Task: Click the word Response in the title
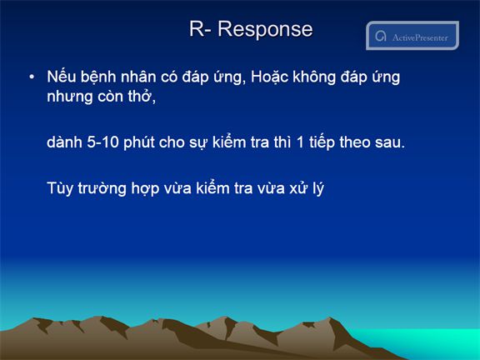(265, 30)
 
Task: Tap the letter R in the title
(196, 28)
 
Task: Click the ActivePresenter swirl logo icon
(381, 36)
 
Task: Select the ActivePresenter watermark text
(420, 37)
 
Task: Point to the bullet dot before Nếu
(32, 77)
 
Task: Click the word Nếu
(61, 76)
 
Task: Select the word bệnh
(98, 77)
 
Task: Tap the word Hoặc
(269, 77)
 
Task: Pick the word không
(314, 77)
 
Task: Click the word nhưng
(69, 97)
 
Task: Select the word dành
(65, 142)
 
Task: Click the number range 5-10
(102, 142)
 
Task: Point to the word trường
(102, 188)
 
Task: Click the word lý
(318, 189)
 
